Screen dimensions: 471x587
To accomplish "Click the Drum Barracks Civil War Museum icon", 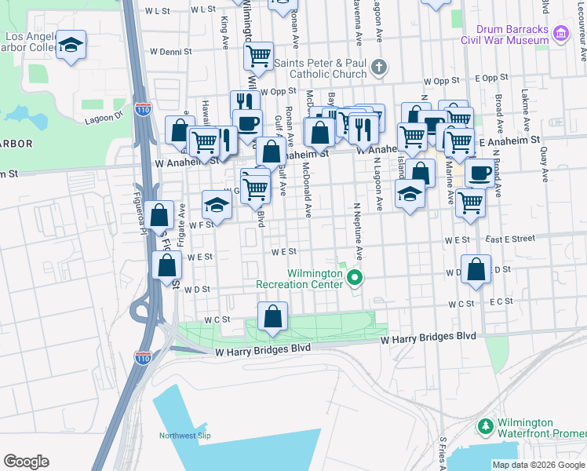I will (x=560, y=33).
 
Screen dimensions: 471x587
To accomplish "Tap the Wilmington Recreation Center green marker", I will (x=355, y=277).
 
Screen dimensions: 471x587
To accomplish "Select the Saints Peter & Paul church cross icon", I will (x=380, y=67).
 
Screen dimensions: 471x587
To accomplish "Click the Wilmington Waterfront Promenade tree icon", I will (x=486, y=428).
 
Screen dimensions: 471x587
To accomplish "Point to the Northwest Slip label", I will (x=186, y=436).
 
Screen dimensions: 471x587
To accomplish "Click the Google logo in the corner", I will (x=26, y=462).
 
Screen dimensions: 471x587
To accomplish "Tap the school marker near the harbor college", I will (x=71, y=46).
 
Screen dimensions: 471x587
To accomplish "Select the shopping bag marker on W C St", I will (x=272, y=316).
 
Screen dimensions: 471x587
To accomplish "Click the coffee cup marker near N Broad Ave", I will (x=480, y=172).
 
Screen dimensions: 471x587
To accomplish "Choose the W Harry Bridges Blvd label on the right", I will (x=428, y=338).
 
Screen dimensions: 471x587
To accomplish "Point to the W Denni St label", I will (x=171, y=52).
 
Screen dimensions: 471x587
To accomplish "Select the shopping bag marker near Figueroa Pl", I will (x=159, y=214).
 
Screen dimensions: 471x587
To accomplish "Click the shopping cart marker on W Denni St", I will (x=258, y=56).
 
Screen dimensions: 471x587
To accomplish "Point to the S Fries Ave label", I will (x=443, y=452).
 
